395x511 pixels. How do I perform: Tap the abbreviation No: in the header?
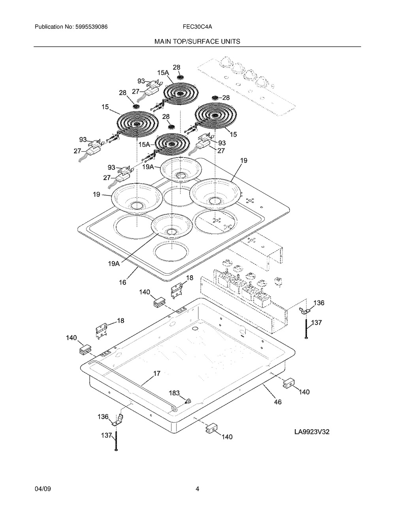coord(69,27)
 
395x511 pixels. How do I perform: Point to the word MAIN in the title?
coord(163,41)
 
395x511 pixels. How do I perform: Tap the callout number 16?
coord(122,282)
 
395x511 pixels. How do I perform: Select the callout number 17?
coord(157,374)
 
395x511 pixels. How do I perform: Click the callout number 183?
coord(174,393)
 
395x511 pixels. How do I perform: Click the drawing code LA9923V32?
coord(312,432)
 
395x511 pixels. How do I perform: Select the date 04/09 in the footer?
coord(43,489)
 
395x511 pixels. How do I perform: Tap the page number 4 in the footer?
coord(197,489)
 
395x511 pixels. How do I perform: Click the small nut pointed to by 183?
coord(187,401)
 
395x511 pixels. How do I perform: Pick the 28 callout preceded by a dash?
coord(225,98)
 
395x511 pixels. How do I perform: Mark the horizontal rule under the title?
coord(197,47)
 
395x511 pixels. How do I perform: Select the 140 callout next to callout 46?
coord(304,392)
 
